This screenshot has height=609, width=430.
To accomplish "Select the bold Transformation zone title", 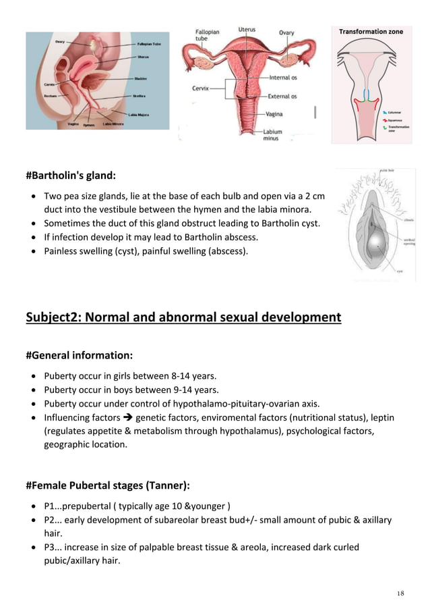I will pos(371,32).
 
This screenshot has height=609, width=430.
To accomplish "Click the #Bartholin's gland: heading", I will pos(71,176).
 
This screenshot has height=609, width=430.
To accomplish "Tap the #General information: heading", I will pos(79,355).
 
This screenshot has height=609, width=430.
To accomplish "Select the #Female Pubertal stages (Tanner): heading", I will pos(108,485).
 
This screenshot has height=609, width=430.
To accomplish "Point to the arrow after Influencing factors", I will pos(127,418).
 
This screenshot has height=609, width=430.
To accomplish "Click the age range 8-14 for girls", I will pos(158,375).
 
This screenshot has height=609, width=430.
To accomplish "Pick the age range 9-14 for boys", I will pos(162,390).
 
